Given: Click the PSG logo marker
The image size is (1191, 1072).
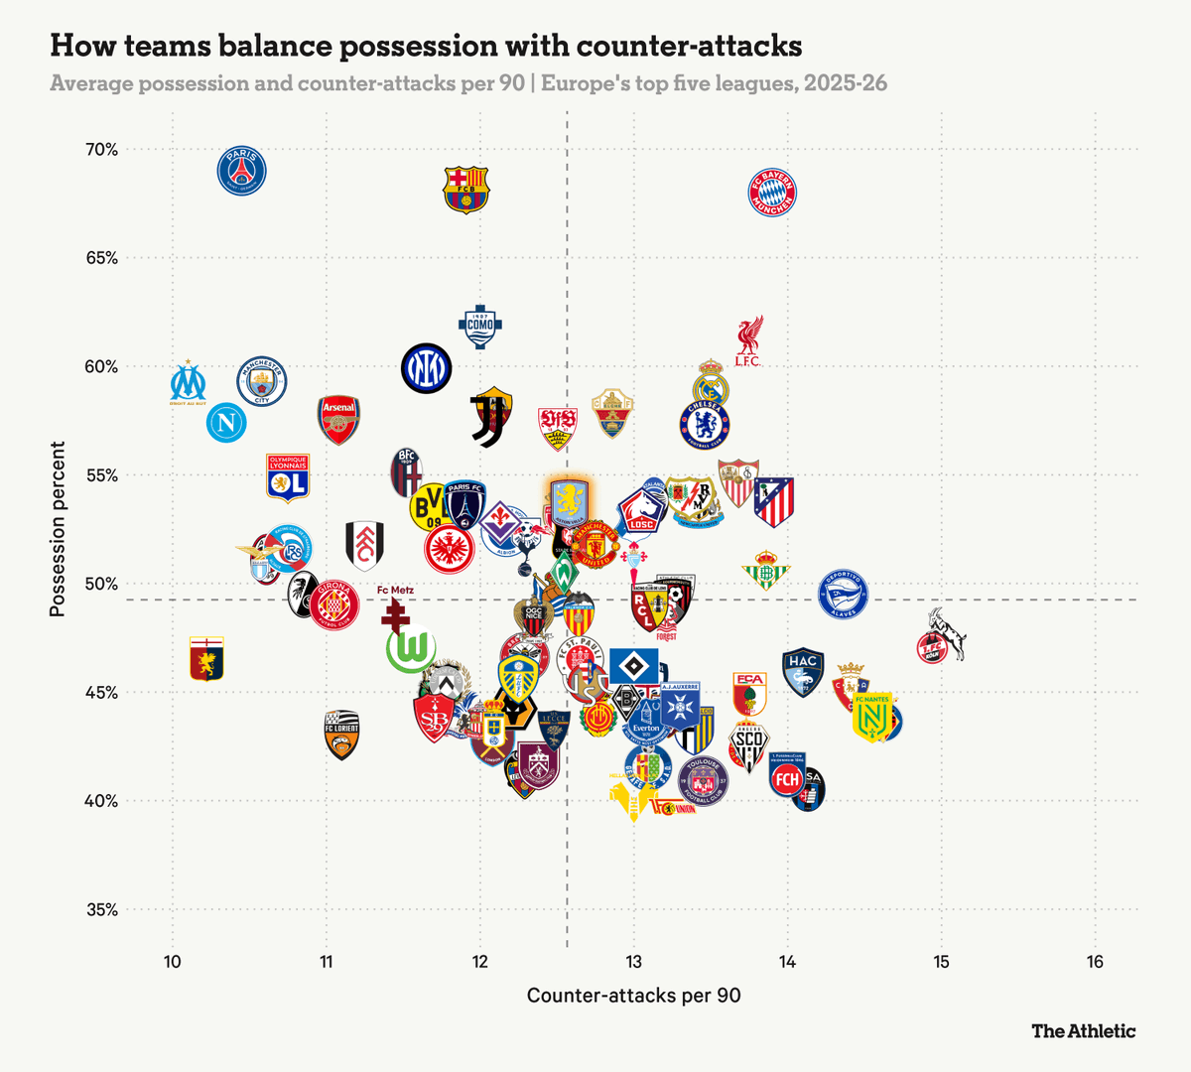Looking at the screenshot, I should pos(242,171).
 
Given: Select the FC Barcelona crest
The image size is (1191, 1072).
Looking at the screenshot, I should pos(466,190).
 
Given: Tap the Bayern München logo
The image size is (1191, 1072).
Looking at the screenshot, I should pos(772,193).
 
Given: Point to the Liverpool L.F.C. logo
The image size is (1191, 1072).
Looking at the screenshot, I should pos(748,341).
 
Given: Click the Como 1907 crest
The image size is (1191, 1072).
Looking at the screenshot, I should pos(479,327).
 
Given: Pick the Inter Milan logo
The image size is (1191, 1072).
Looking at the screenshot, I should pos(427,368).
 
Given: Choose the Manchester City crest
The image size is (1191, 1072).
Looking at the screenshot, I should pos(262,382).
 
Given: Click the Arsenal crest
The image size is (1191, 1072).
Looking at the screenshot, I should pos(338,419).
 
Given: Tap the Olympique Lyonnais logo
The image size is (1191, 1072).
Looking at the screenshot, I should pos(288,477).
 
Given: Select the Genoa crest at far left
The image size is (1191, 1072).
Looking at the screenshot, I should pos(206,659).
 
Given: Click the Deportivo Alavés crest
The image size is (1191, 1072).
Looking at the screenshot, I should pos(843,595).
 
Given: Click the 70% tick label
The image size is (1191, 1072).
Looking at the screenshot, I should pos(100,150).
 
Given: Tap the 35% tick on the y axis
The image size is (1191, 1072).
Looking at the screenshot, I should pos(100,909).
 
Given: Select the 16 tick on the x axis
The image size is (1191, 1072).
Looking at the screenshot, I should pos(1095,961).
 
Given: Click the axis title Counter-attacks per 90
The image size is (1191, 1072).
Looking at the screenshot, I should pos(633,995).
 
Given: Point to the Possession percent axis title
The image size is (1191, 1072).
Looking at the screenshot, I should pos(58,529).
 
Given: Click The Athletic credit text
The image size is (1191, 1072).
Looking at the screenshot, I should pos(1083,1030).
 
